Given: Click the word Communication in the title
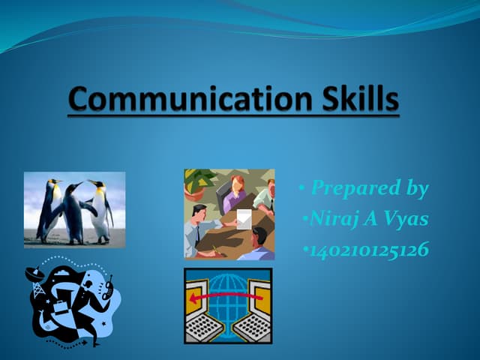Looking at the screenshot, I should tap(175, 100).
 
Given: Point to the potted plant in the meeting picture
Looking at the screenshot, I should tap(199, 184).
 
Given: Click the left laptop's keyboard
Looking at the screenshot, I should tap(203, 327).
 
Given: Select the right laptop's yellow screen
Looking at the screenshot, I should tap(259, 295).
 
